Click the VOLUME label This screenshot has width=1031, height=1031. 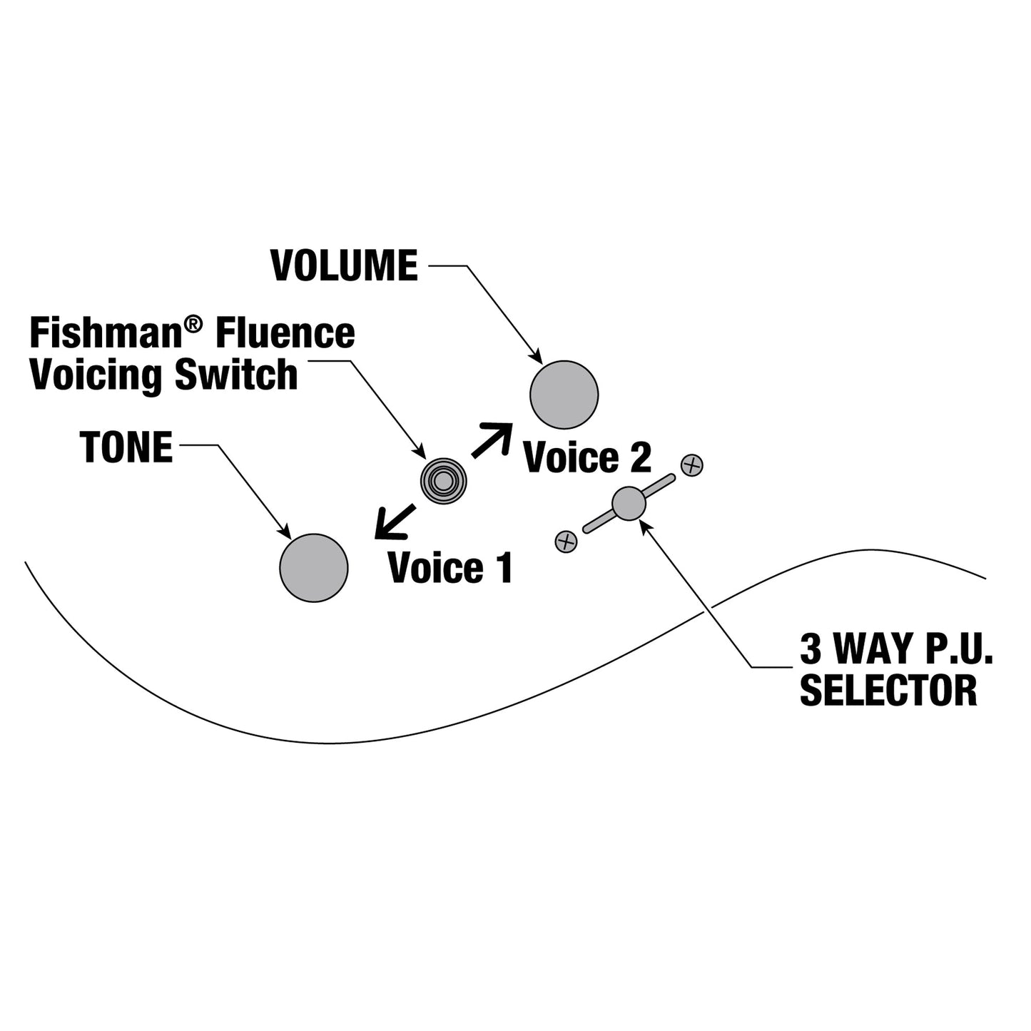pyautogui.click(x=344, y=265)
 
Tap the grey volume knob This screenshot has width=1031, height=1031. pyautogui.click(x=564, y=395)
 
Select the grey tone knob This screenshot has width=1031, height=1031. pyautogui.click(x=313, y=568)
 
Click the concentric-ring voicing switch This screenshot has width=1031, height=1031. pyautogui.click(x=443, y=481)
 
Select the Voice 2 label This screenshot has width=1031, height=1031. pyautogui.click(x=587, y=457)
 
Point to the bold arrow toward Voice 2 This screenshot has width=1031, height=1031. pyautogui.click(x=492, y=440)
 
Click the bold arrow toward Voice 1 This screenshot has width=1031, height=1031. pyautogui.click(x=395, y=522)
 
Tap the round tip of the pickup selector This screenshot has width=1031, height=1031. pyautogui.click(x=628, y=504)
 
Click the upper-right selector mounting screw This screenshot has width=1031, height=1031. pyautogui.click(x=692, y=465)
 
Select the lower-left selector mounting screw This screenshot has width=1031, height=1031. pyautogui.click(x=566, y=542)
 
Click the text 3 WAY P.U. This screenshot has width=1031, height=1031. pyautogui.click(x=895, y=649)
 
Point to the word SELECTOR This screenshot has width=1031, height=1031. pyautogui.click(x=889, y=690)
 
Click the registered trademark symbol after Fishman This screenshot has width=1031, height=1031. pyautogui.click(x=194, y=324)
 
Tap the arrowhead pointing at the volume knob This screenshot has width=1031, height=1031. pyautogui.click(x=536, y=356)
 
